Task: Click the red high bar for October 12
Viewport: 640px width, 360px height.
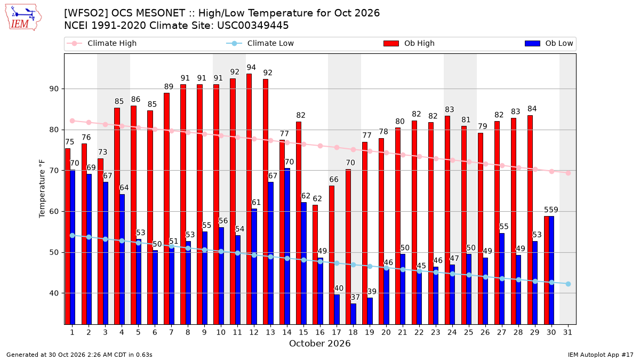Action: [249, 199]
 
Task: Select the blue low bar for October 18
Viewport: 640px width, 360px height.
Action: [353, 314]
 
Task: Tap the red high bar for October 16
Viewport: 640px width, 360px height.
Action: [315, 265]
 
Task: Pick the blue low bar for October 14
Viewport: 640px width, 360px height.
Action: [287, 246]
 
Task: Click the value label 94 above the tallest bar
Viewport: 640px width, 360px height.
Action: [251, 67]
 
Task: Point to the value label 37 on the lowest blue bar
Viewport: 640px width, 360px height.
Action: [355, 297]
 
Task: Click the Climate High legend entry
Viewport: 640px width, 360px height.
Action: [101, 43]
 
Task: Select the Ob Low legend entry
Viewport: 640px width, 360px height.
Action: [549, 43]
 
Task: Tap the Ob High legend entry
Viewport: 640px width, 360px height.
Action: [409, 43]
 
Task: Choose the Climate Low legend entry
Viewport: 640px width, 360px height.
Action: [260, 43]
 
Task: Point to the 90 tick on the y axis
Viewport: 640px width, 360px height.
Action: [54, 89]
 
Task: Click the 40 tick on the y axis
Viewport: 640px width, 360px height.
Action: [54, 293]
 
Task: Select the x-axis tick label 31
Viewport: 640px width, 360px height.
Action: [567, 332]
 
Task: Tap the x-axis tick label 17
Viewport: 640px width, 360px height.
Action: [337, 332]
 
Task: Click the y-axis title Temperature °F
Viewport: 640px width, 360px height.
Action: [42, 189]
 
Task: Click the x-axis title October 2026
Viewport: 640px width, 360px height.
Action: [319, 343]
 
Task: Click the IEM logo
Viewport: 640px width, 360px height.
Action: [23, 18]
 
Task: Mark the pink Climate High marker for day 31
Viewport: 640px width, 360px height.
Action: [569, 173]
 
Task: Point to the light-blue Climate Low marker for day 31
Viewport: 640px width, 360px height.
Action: [569, 284]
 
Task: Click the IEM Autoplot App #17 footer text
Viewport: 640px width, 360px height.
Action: [601, 355]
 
